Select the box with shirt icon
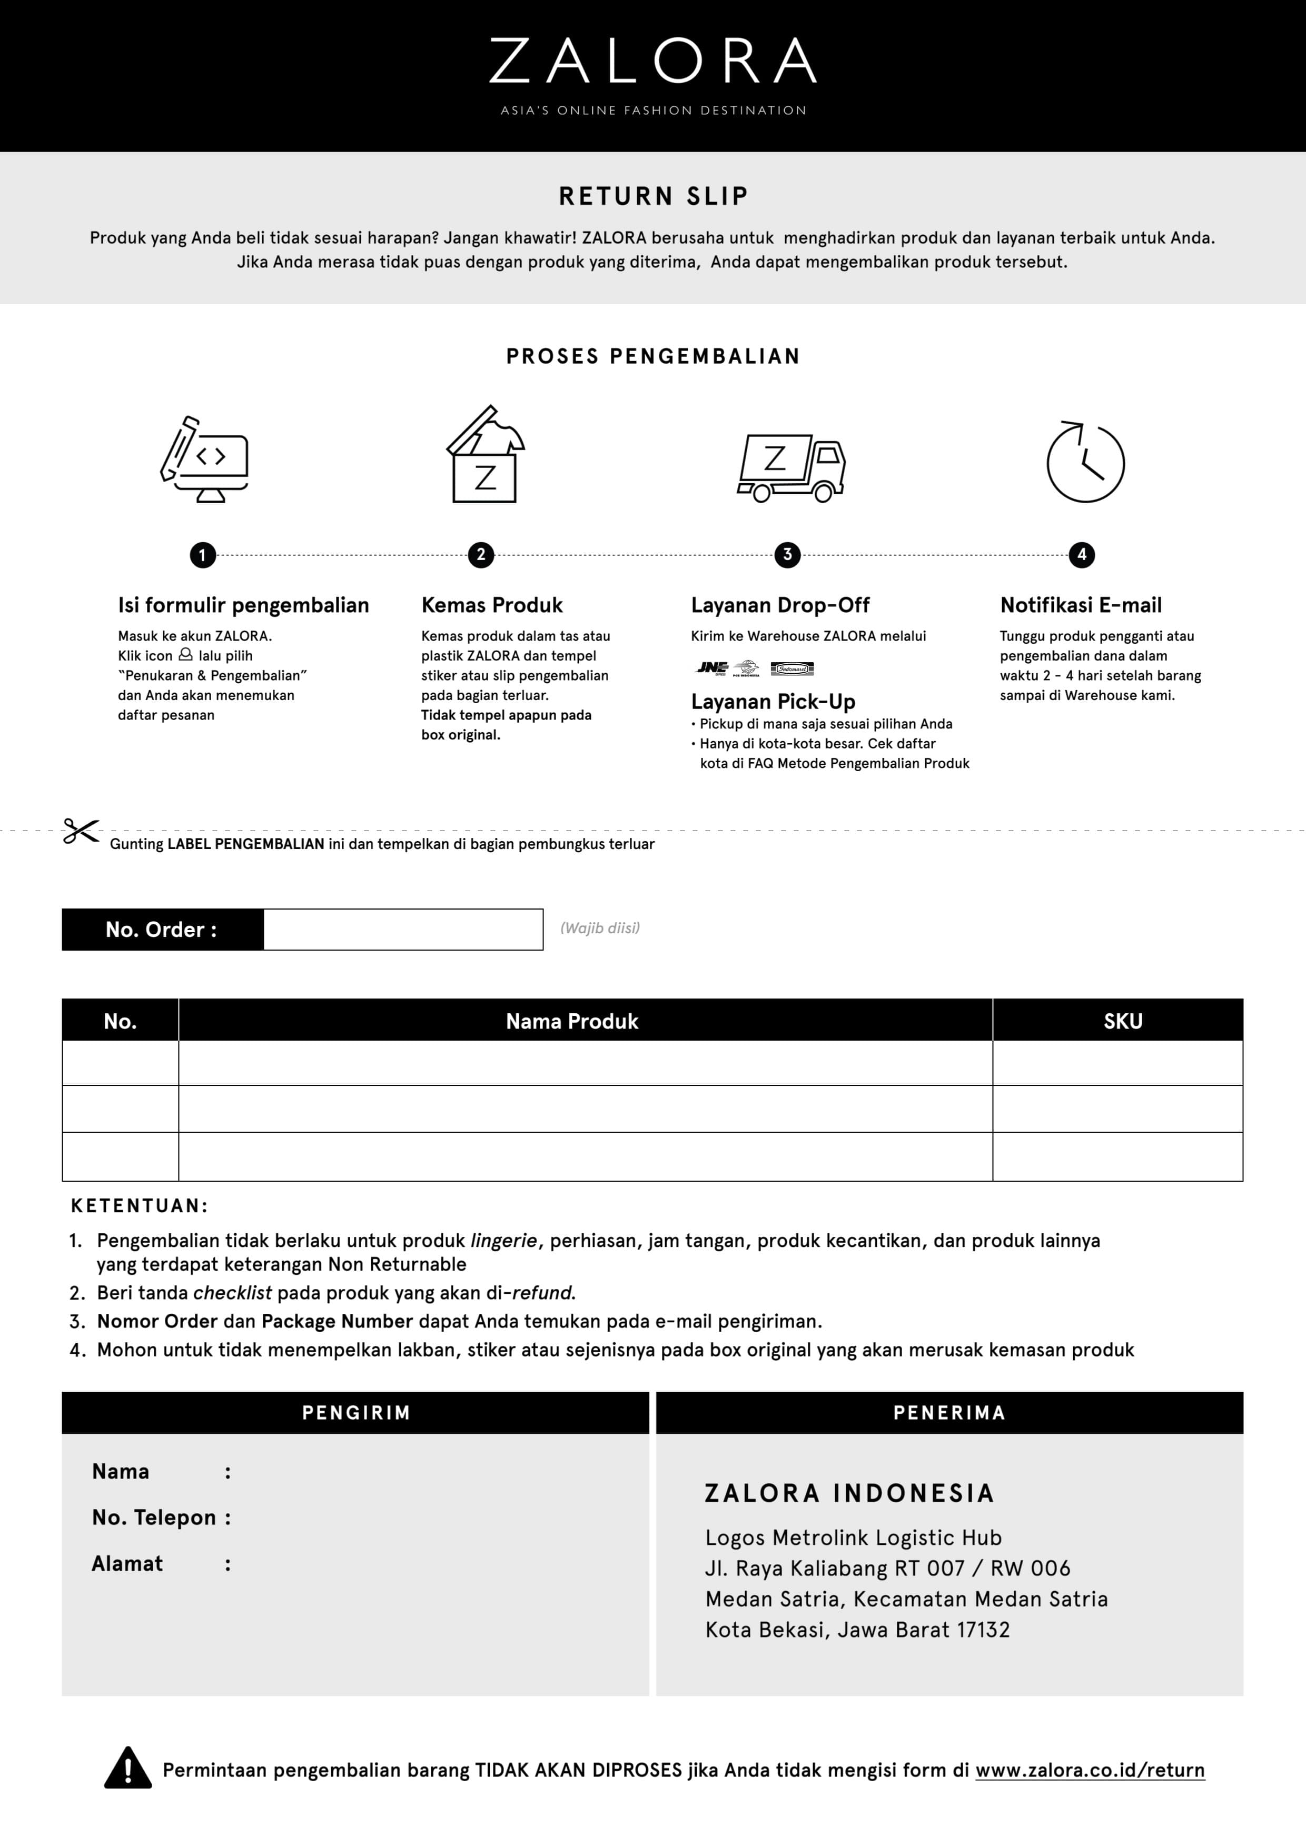point(484,455)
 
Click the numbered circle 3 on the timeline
point(787,554)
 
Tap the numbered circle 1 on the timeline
point(202,555)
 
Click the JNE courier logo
point(711,667)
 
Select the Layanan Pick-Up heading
point(773,702)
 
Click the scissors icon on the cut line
point(81,831)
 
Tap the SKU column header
point(1123,1021)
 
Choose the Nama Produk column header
point(571,1021)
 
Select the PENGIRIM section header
point(355,1413)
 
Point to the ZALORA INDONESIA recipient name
point(849,1493)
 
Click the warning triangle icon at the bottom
point(128,1768)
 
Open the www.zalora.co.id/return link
point(1090,1770)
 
